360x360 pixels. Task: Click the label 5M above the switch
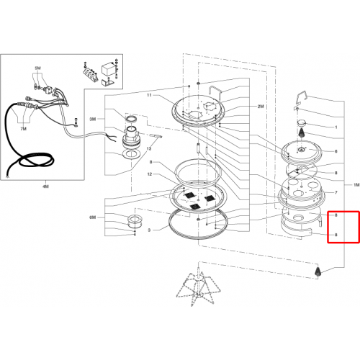tap(37, 68)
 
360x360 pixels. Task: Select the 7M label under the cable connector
tap(23, 129)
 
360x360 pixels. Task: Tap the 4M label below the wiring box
tap(45, 186)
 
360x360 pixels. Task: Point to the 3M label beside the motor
tap(93, 119)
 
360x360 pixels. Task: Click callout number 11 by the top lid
tap(149, 95)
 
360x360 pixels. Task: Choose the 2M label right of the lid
tap(261, 106)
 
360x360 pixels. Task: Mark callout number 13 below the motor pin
tap(149, 148)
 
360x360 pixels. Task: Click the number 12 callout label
tap(150, 174)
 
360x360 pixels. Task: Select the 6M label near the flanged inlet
tap(93, 217)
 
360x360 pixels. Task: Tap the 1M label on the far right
tap(356, 185)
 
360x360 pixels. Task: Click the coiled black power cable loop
tap(36, 161)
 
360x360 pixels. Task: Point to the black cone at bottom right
tap(318, 271)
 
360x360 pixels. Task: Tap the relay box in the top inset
tap(107, 70)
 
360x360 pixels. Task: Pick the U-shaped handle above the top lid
tap(216, 92)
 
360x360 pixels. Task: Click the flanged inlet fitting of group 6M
tap(134, 222)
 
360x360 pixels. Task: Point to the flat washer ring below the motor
tap(131, 155)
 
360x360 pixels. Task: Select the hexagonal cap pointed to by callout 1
tap(302, 123)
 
